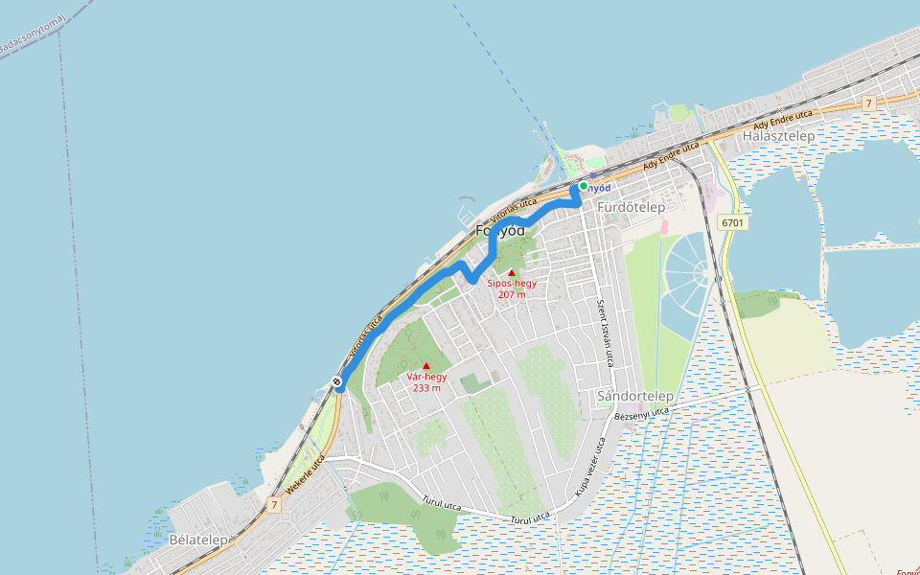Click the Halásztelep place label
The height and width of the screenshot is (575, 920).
(x=778, y=136)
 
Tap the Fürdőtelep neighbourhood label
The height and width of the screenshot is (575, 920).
(x=630, y=207)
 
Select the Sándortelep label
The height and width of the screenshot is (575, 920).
(x=634, y=396)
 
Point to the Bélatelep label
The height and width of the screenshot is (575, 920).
(x=198, y=540)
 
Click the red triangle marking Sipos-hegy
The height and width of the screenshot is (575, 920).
(x=512, y=273)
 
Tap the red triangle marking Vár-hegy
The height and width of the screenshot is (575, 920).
(x=426, y=365)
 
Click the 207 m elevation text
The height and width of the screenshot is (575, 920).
(x=512, y=294)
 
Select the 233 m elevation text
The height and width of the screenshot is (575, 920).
(x=426, y=387)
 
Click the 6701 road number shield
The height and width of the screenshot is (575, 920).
(x=733, y=222)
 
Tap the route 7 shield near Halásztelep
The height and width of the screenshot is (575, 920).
(x=868, y=103)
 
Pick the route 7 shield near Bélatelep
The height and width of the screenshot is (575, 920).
(x=274, y=504)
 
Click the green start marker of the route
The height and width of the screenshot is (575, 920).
(x=583, y=186)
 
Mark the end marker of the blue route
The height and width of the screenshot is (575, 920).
(x=337, y=383)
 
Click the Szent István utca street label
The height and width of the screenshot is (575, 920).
(x=604, y=332)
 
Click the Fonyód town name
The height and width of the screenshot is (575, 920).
(x=500, y=231)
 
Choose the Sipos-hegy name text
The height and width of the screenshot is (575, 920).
(x=512, y=284)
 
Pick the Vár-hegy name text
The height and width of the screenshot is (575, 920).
(x=426, y=377)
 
